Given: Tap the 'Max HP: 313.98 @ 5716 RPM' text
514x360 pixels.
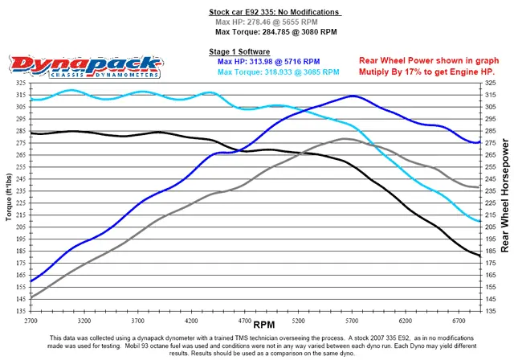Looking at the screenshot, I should [x=269, y=61].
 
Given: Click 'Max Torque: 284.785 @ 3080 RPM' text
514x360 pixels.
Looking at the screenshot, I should [x=275, y=33].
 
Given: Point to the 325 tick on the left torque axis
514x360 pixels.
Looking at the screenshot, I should [x=18, y=83].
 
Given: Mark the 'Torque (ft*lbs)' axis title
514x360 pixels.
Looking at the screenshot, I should [x=7, y=196].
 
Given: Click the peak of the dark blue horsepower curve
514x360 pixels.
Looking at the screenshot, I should [x=351, y=96].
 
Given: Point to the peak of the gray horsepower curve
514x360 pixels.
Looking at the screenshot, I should [x=345, y=139].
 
